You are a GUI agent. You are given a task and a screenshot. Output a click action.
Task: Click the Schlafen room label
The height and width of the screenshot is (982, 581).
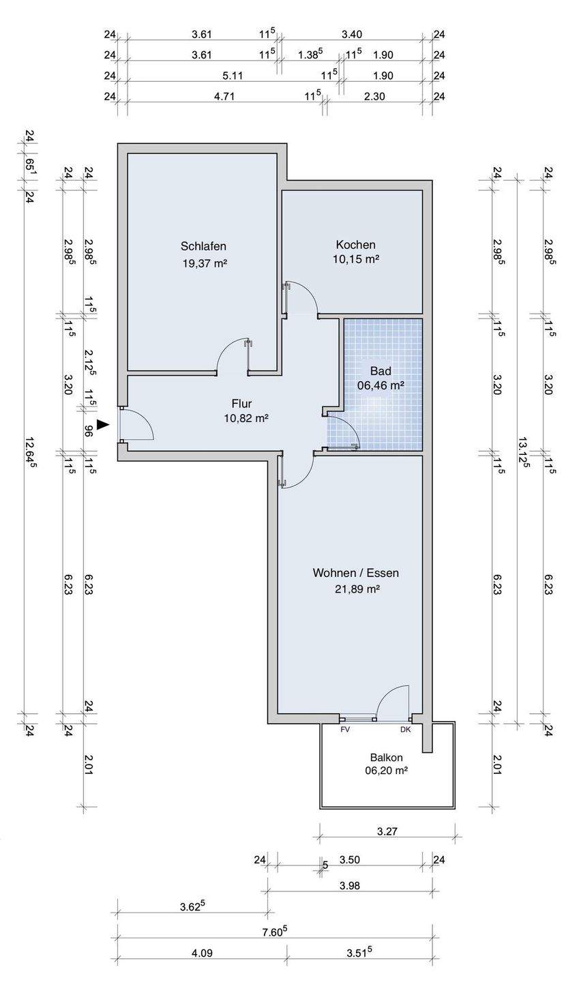[203, 246]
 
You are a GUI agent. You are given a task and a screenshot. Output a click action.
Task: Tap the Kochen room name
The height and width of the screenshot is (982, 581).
[355, 245]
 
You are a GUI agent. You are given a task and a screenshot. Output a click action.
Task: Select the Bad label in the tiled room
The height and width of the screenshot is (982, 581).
[381, 371]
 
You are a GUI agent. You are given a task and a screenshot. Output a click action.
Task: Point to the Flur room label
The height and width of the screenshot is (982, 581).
[241, 403]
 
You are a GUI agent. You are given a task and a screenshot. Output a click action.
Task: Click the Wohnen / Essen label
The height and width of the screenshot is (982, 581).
[355, 573]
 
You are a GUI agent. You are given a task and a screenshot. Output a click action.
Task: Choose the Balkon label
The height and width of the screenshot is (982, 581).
[386, 758]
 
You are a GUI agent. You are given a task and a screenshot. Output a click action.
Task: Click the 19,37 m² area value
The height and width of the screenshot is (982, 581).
[205, 263]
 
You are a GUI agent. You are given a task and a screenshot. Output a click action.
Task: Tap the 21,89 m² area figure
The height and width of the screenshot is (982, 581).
[357, 589]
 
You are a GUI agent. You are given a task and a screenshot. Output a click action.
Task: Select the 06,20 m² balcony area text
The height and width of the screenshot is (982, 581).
[387, 771]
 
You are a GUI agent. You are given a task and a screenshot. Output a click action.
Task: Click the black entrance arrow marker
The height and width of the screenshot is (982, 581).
[102, 424]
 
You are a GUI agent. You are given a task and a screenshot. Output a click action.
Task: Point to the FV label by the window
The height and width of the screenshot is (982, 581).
[345, 730]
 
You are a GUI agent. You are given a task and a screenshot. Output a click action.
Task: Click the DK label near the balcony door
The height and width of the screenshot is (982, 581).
[406, 730]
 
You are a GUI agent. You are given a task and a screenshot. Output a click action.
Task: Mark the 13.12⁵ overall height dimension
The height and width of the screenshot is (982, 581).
[524, 452]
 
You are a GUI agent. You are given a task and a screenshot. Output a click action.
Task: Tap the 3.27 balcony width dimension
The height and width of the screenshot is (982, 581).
[387, 832]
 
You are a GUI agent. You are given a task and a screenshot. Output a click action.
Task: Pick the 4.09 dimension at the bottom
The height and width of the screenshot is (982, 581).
[202, 966]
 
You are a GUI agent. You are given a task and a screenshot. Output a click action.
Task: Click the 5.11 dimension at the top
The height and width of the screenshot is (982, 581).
[233, 76]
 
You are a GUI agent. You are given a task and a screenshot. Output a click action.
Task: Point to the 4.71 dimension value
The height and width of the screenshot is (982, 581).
[224, 96]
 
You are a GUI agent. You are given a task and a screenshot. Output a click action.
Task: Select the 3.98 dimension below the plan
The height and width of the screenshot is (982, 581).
[350, 886]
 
